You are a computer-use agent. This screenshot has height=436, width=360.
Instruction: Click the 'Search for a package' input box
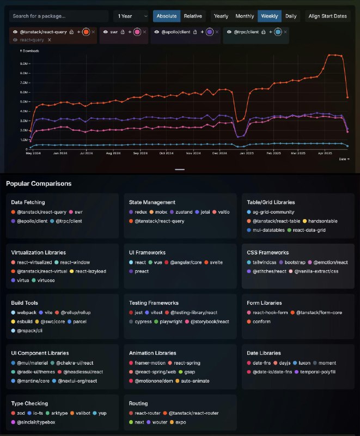[x=59, y=16]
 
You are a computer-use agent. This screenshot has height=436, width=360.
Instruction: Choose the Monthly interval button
[x=245, y=16]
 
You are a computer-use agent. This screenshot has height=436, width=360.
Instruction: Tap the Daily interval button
[x=291, y=16]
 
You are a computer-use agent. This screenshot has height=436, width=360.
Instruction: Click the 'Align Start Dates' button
[x=327, y=16]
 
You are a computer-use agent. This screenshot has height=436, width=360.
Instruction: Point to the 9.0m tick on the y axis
[x=23, y=64]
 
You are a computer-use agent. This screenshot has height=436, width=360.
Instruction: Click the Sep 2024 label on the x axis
[x=141, y=154]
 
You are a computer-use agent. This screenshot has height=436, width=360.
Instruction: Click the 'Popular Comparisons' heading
[x=39, y=184]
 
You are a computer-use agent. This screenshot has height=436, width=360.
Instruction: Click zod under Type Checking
[x=20, y=413]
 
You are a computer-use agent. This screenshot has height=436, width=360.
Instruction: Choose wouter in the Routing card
[x=160, y=422]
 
